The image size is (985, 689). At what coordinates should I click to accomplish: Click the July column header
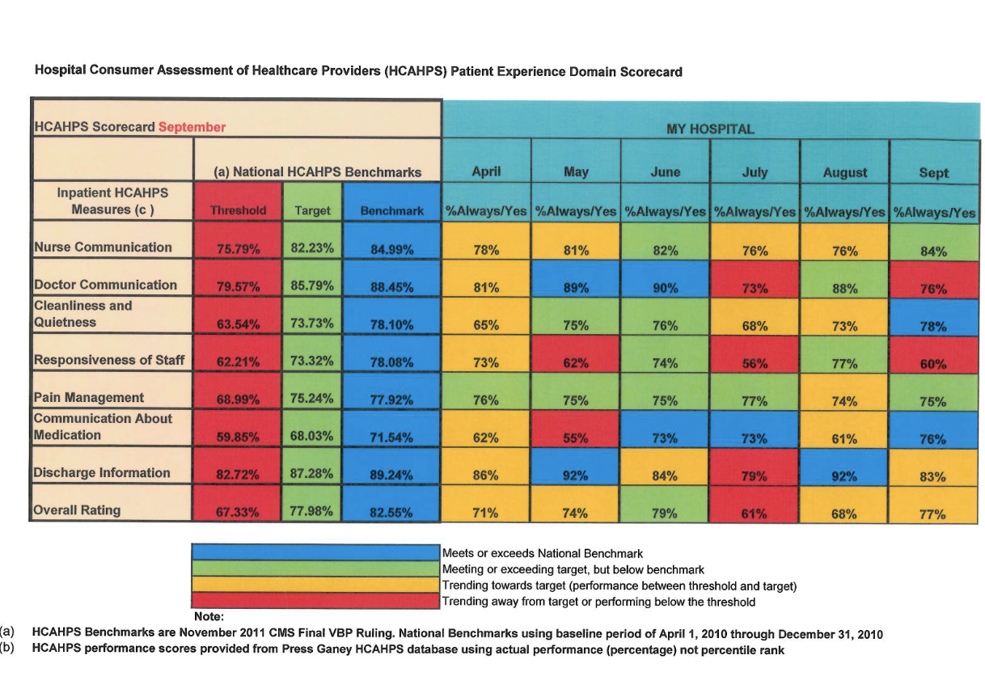point(754,172)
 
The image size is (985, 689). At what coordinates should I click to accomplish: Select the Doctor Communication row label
point(105,285)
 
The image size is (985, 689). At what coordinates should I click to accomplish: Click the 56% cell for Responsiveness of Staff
point(754,364)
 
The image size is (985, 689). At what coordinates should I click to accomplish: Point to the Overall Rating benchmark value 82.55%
point(391,513)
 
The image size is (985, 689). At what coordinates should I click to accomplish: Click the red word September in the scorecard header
point(192,127)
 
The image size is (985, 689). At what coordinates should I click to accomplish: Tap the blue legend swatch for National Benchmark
point(315,553)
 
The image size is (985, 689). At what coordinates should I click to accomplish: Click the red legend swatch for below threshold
point(315,602)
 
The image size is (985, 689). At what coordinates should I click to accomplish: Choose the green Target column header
point(312,210)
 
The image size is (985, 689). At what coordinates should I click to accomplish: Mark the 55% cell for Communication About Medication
point(575,438)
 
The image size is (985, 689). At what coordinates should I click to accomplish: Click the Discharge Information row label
point(102,473)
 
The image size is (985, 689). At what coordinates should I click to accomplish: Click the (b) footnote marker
point(7,650)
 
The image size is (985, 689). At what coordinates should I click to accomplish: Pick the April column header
point(486,172)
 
